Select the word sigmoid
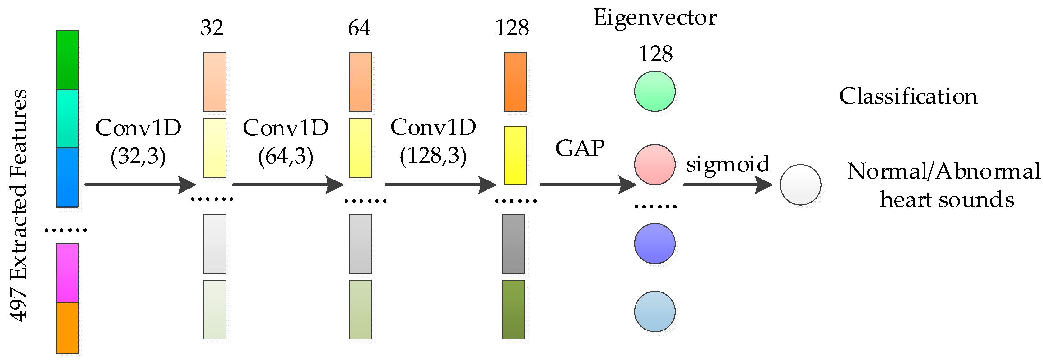728,164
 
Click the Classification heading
908,96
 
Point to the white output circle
800,185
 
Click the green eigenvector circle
655,91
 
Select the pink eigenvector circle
655,164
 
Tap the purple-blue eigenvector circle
655,243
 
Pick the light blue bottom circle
655,311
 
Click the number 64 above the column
359,28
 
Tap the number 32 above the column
212,28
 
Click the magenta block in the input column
67,273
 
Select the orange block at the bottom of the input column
67,328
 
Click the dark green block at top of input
67,60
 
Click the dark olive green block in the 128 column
513,309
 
